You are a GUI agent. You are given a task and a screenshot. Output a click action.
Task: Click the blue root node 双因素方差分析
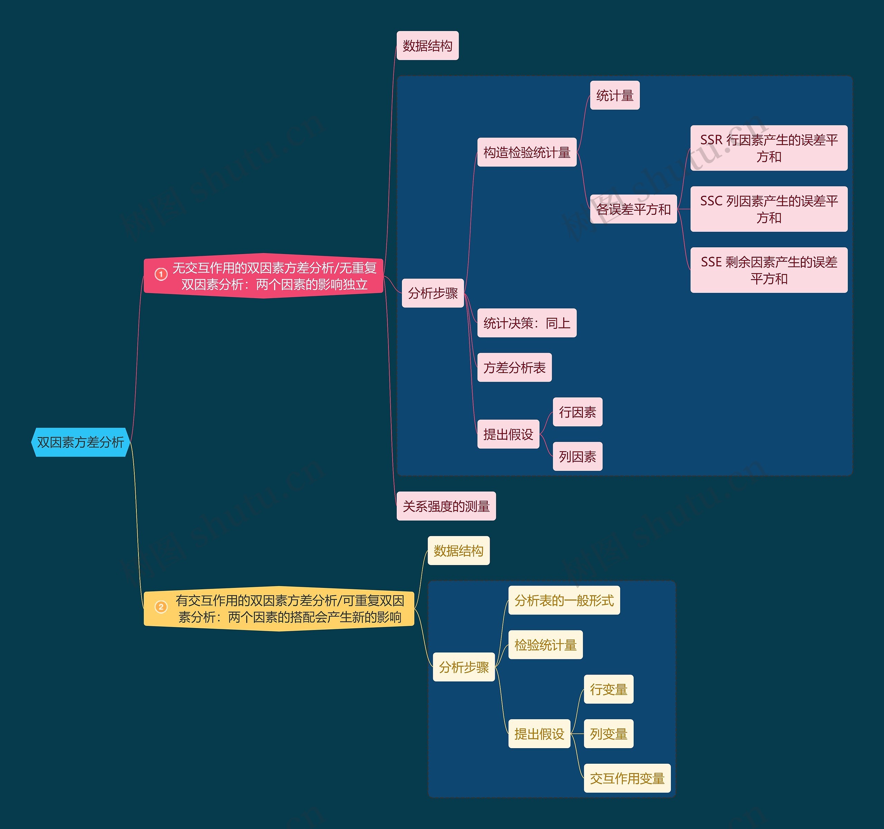tap(80, 442)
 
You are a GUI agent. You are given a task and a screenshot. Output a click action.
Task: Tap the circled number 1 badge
tap(161, 274)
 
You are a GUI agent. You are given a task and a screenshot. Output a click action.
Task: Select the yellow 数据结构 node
tap(459, 551)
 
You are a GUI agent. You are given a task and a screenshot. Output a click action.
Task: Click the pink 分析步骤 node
tap(433, 293)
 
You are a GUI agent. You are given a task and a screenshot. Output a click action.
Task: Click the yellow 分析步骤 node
tap(464, 667)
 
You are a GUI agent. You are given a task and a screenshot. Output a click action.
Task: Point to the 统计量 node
tap(615, 96)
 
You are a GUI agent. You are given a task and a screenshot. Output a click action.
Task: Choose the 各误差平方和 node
tap(633, 209)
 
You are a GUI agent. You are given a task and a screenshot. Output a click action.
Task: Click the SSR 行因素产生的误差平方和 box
tap(769, 148)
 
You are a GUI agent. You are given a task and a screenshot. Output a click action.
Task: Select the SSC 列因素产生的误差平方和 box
tap(769, 209)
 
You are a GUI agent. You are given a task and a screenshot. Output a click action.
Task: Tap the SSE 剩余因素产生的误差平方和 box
tap(769, 270)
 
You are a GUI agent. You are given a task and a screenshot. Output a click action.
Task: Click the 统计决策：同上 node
tap(527, 323)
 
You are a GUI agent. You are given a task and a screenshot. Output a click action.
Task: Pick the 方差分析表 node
tap(515, 368)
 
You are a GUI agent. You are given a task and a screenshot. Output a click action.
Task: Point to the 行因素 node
tap(578, 412)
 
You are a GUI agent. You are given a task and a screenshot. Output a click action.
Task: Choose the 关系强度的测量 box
tap(446, 506)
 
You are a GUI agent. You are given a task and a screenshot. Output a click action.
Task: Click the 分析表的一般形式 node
tap(564, 600)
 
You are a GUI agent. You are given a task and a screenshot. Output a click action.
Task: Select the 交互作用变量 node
tap(627, 778)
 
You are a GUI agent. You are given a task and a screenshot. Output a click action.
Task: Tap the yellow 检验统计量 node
tap(545, 645)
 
